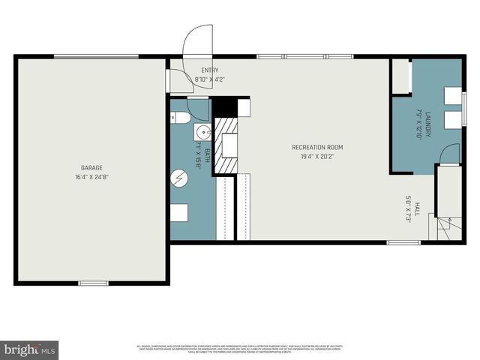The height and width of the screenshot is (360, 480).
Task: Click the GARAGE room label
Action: (x=91, y=167)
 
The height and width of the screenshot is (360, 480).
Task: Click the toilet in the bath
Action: (x=178, y=117)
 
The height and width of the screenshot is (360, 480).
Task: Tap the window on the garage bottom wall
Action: (x=93, y=283)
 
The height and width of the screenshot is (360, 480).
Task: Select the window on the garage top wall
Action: (x=95, y=56)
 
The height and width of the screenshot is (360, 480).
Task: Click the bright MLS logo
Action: (x=30, y=349)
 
